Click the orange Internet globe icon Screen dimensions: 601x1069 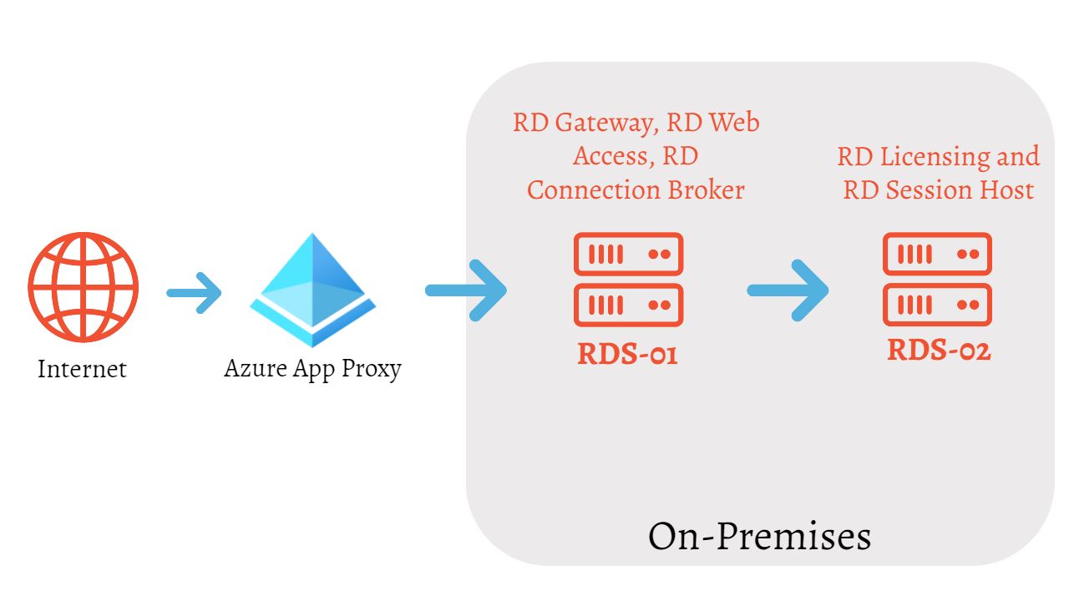tap(83, 288)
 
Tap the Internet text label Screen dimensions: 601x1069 tap(82, 368)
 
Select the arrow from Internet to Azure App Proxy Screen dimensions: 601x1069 tap(194, 292)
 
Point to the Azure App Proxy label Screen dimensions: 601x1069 tap(312, 368)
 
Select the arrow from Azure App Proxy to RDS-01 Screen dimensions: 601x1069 tap(466, 290)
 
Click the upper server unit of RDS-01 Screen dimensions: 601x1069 tap(628, 255)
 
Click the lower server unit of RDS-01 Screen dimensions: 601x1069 tap(628, 305)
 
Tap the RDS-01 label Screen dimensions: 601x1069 tap(627, 354)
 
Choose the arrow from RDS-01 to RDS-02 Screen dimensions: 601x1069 tap(788, 290)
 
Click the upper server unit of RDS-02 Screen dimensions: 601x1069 tap(937, 255)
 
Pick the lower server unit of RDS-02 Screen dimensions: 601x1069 tap(937, 305)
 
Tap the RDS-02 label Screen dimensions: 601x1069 tap(939, 350)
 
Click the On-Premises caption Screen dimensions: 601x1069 tap(759, 536)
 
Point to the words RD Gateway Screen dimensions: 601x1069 tap(582, 124)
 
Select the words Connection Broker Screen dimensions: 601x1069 tap(636, 190)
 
